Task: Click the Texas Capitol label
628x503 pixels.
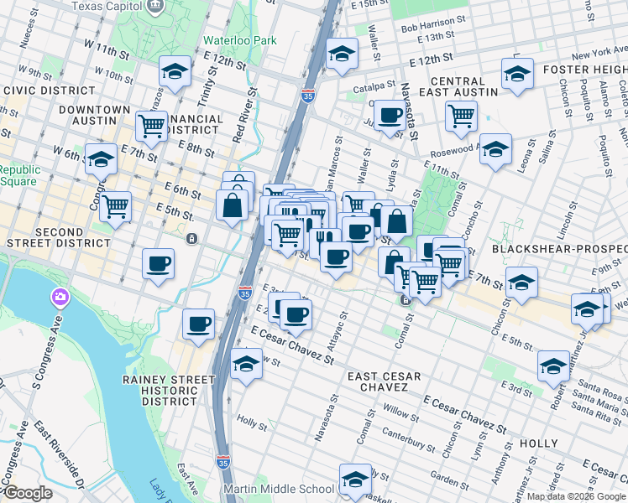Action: (106, 7)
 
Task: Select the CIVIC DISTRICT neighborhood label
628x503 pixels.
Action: (49, 91)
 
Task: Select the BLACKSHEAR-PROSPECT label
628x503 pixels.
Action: (559, 249)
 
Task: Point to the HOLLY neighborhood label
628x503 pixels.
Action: (538, 443)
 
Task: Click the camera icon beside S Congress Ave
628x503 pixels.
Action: (60, 297)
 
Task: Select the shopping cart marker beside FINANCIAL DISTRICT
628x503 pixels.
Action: (151, 126)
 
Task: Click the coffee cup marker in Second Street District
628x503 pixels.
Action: (158, 264)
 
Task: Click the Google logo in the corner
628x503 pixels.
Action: (28, 493)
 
